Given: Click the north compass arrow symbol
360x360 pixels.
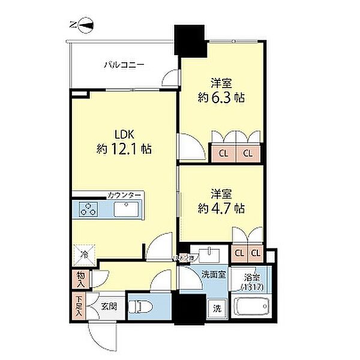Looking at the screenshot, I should (85, 25).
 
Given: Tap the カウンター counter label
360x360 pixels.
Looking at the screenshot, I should (124, 196).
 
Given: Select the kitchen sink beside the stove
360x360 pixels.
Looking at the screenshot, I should (127, 210).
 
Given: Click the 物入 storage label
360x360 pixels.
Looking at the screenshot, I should (79, 280).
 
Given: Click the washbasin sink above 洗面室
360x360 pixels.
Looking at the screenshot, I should (208, 252).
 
